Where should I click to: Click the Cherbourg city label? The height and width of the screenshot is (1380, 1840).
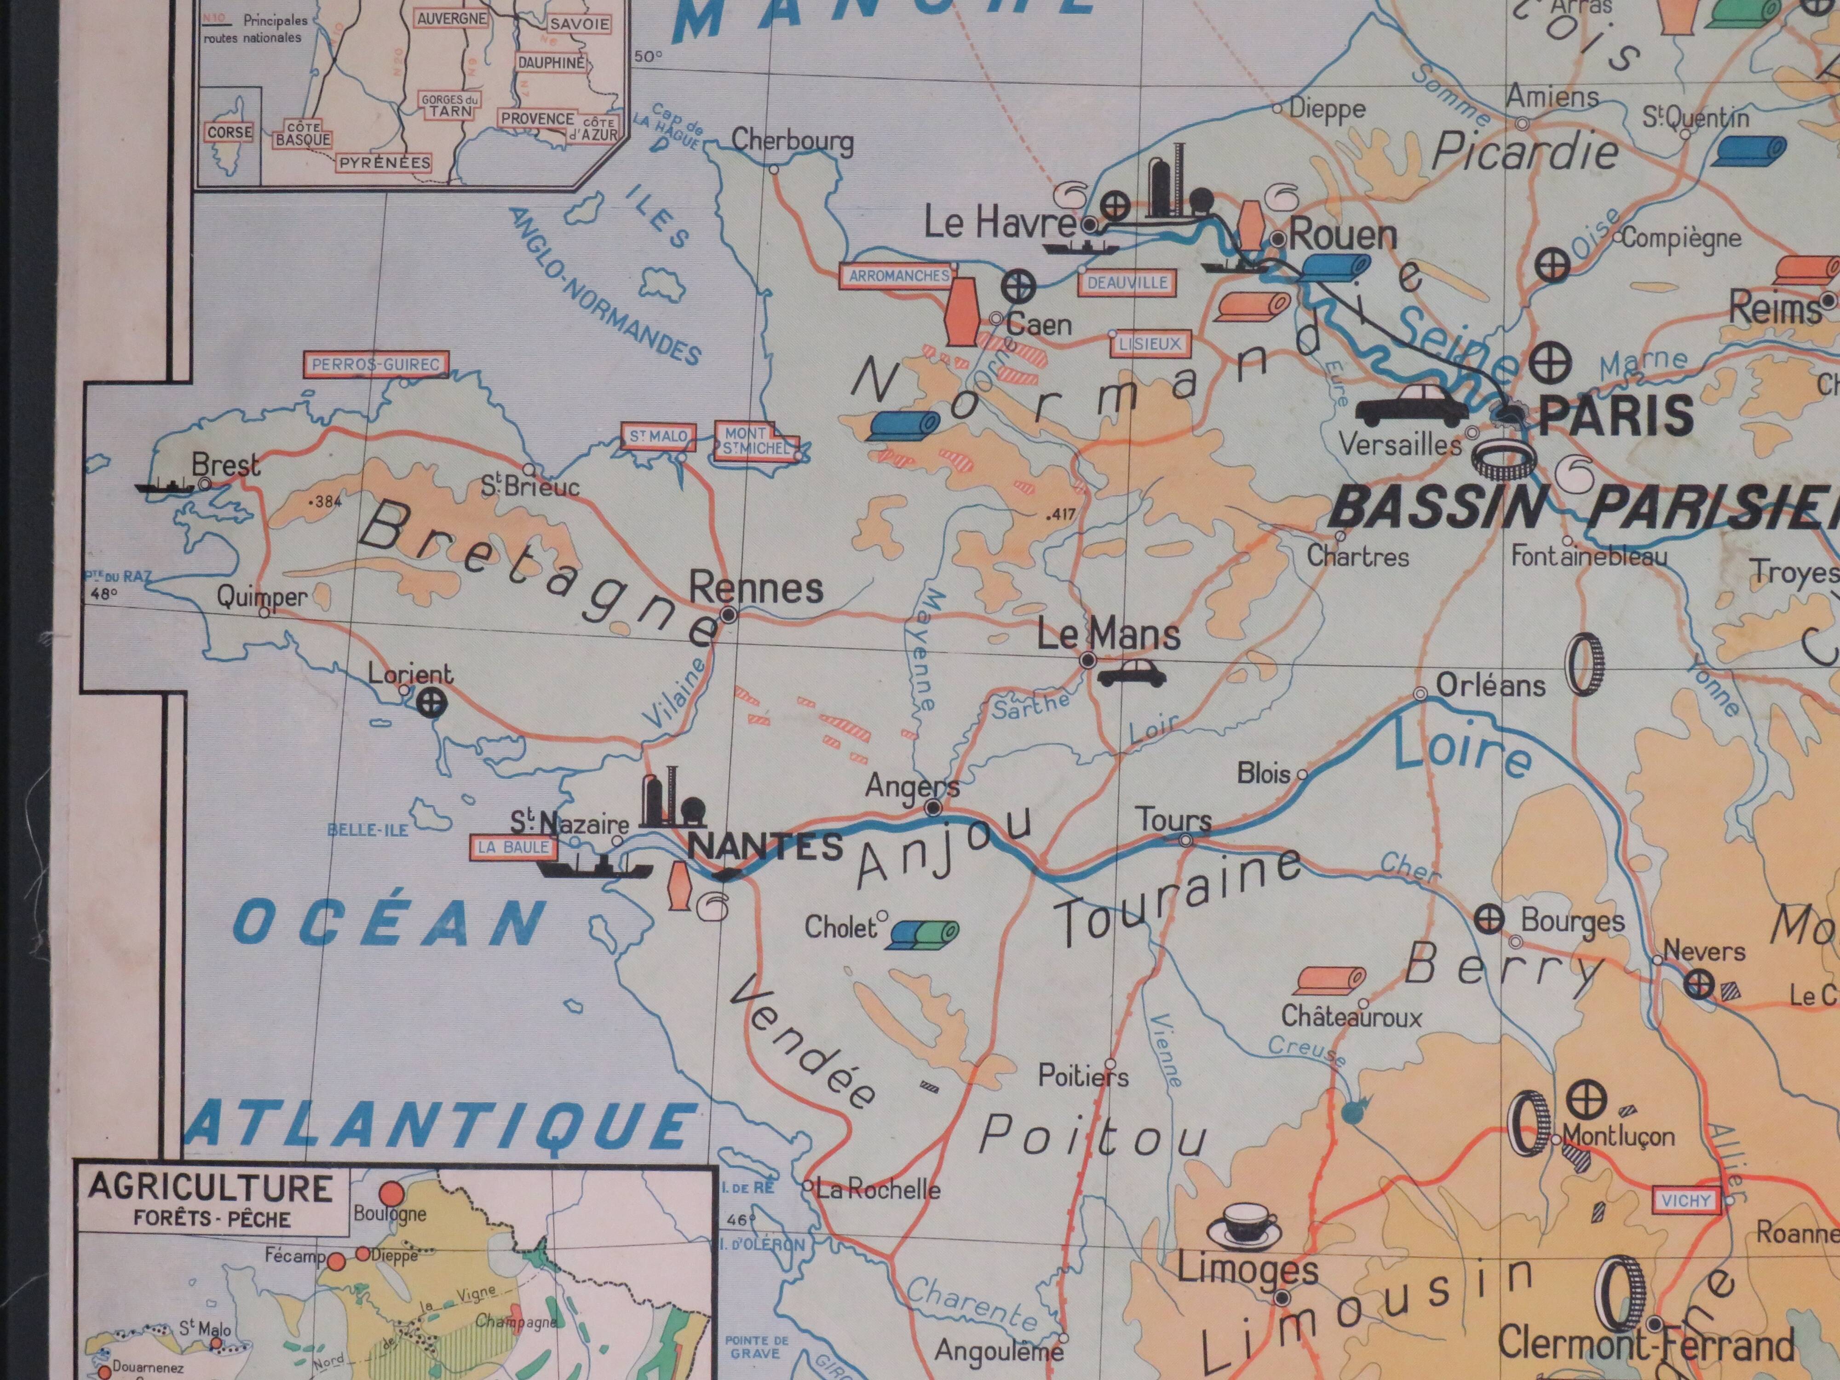click(792, 141)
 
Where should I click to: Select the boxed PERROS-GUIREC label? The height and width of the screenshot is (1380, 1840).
click(375, 364)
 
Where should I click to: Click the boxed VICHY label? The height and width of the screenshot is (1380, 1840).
click(1686, 1200)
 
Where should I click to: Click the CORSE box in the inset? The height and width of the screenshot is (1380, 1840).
click(230, 132)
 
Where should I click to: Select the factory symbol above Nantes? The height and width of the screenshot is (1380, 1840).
click(671, 800)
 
